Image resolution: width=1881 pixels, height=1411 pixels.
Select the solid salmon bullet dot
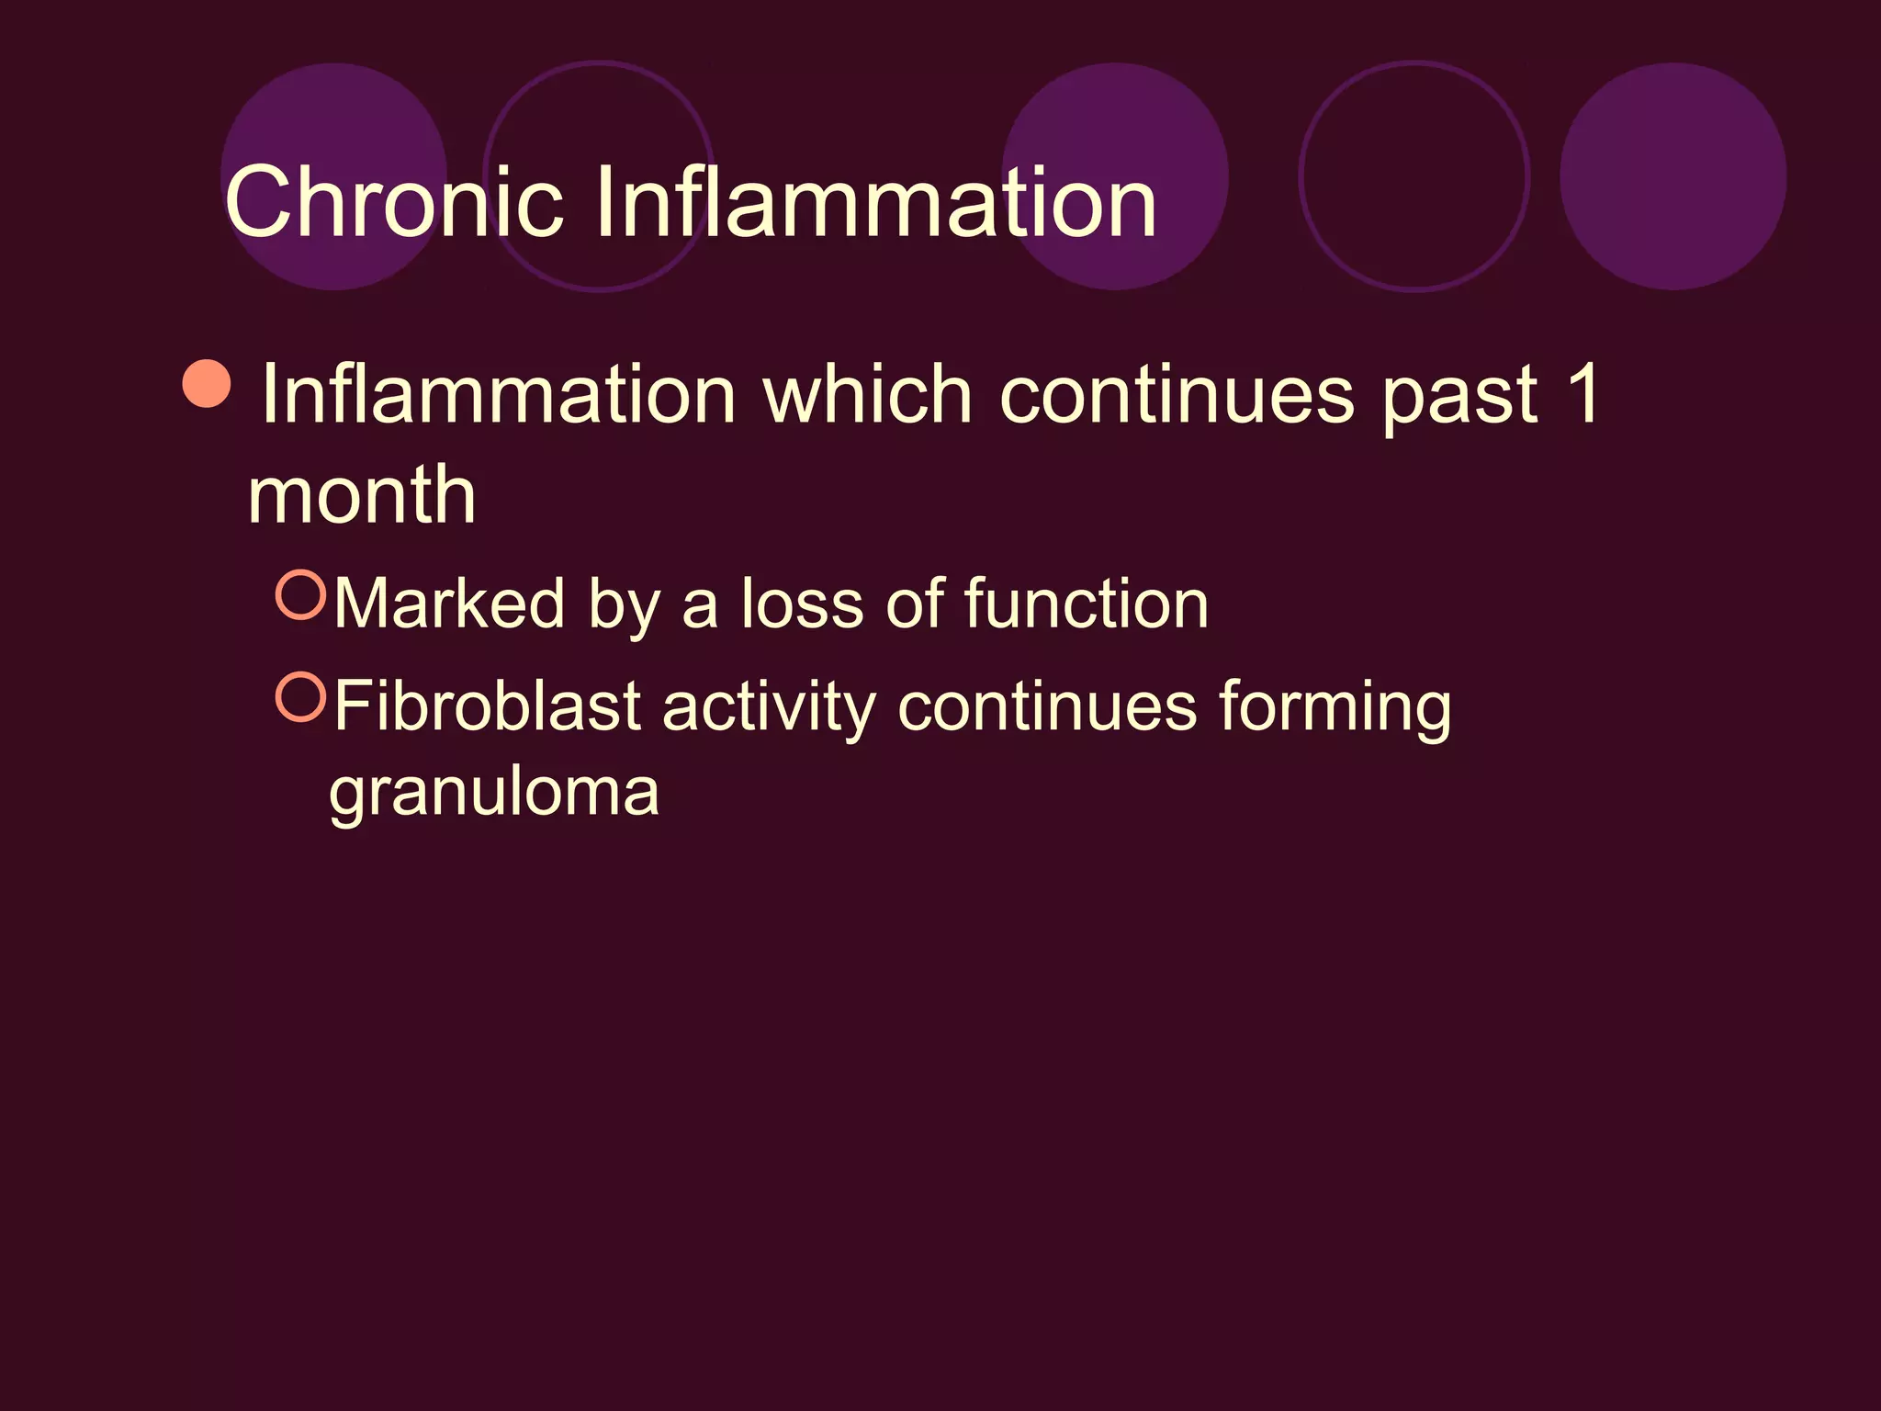[207, 384]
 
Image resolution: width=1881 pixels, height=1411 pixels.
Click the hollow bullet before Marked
[301, 594]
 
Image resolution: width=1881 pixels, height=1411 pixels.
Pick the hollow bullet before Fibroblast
[301, 697]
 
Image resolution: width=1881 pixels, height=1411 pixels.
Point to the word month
[362, 495]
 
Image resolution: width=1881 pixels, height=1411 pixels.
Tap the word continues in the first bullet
[1176, 395]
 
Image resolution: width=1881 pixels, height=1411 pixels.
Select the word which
[867, 395]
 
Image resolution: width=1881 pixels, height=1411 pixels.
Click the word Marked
[449, 604]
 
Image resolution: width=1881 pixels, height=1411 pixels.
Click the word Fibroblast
[487, 706]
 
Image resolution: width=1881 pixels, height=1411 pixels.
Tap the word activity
[769, 708]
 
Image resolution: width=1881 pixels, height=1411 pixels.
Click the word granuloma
[494, 792]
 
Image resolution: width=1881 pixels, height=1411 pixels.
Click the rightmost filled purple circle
[1673, 176]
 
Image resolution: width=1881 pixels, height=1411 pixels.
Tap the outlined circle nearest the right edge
[1414, 176]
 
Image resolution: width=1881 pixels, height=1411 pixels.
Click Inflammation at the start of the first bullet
[499, 395]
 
